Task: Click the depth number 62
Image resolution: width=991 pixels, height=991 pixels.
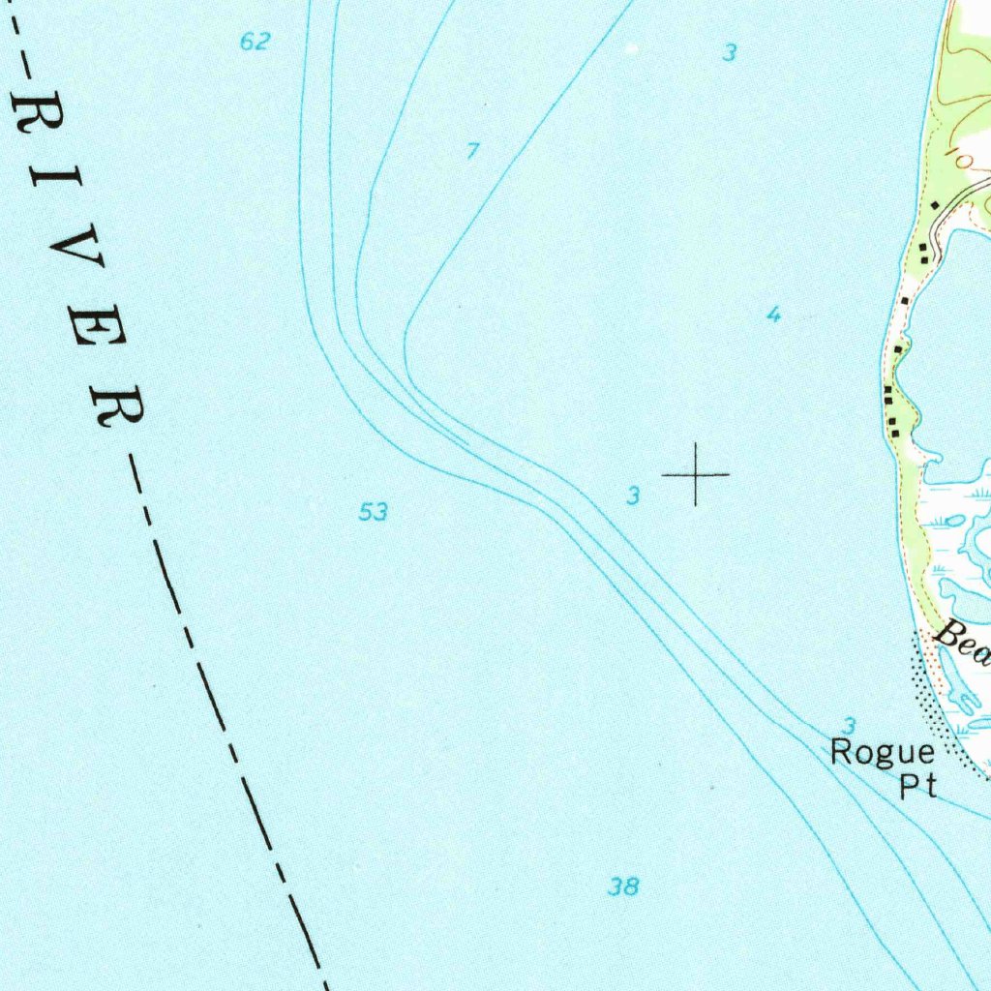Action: pos(255,42)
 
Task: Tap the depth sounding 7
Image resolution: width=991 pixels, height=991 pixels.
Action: pos(472,151)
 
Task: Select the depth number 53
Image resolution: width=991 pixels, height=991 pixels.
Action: pos(374,511)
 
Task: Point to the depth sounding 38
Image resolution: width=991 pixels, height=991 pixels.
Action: pos(624,886)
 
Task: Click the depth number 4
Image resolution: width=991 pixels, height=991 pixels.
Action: pos(772,315)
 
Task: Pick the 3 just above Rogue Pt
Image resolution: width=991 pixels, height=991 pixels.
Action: pos(849,725)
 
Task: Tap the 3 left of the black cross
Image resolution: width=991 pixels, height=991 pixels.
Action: pos(633,496)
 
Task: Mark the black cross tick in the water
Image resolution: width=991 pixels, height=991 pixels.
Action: pos(695,474)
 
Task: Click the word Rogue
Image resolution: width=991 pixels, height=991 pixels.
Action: pos(883,754)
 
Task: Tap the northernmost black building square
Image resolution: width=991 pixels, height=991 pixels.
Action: pos(934,205)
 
